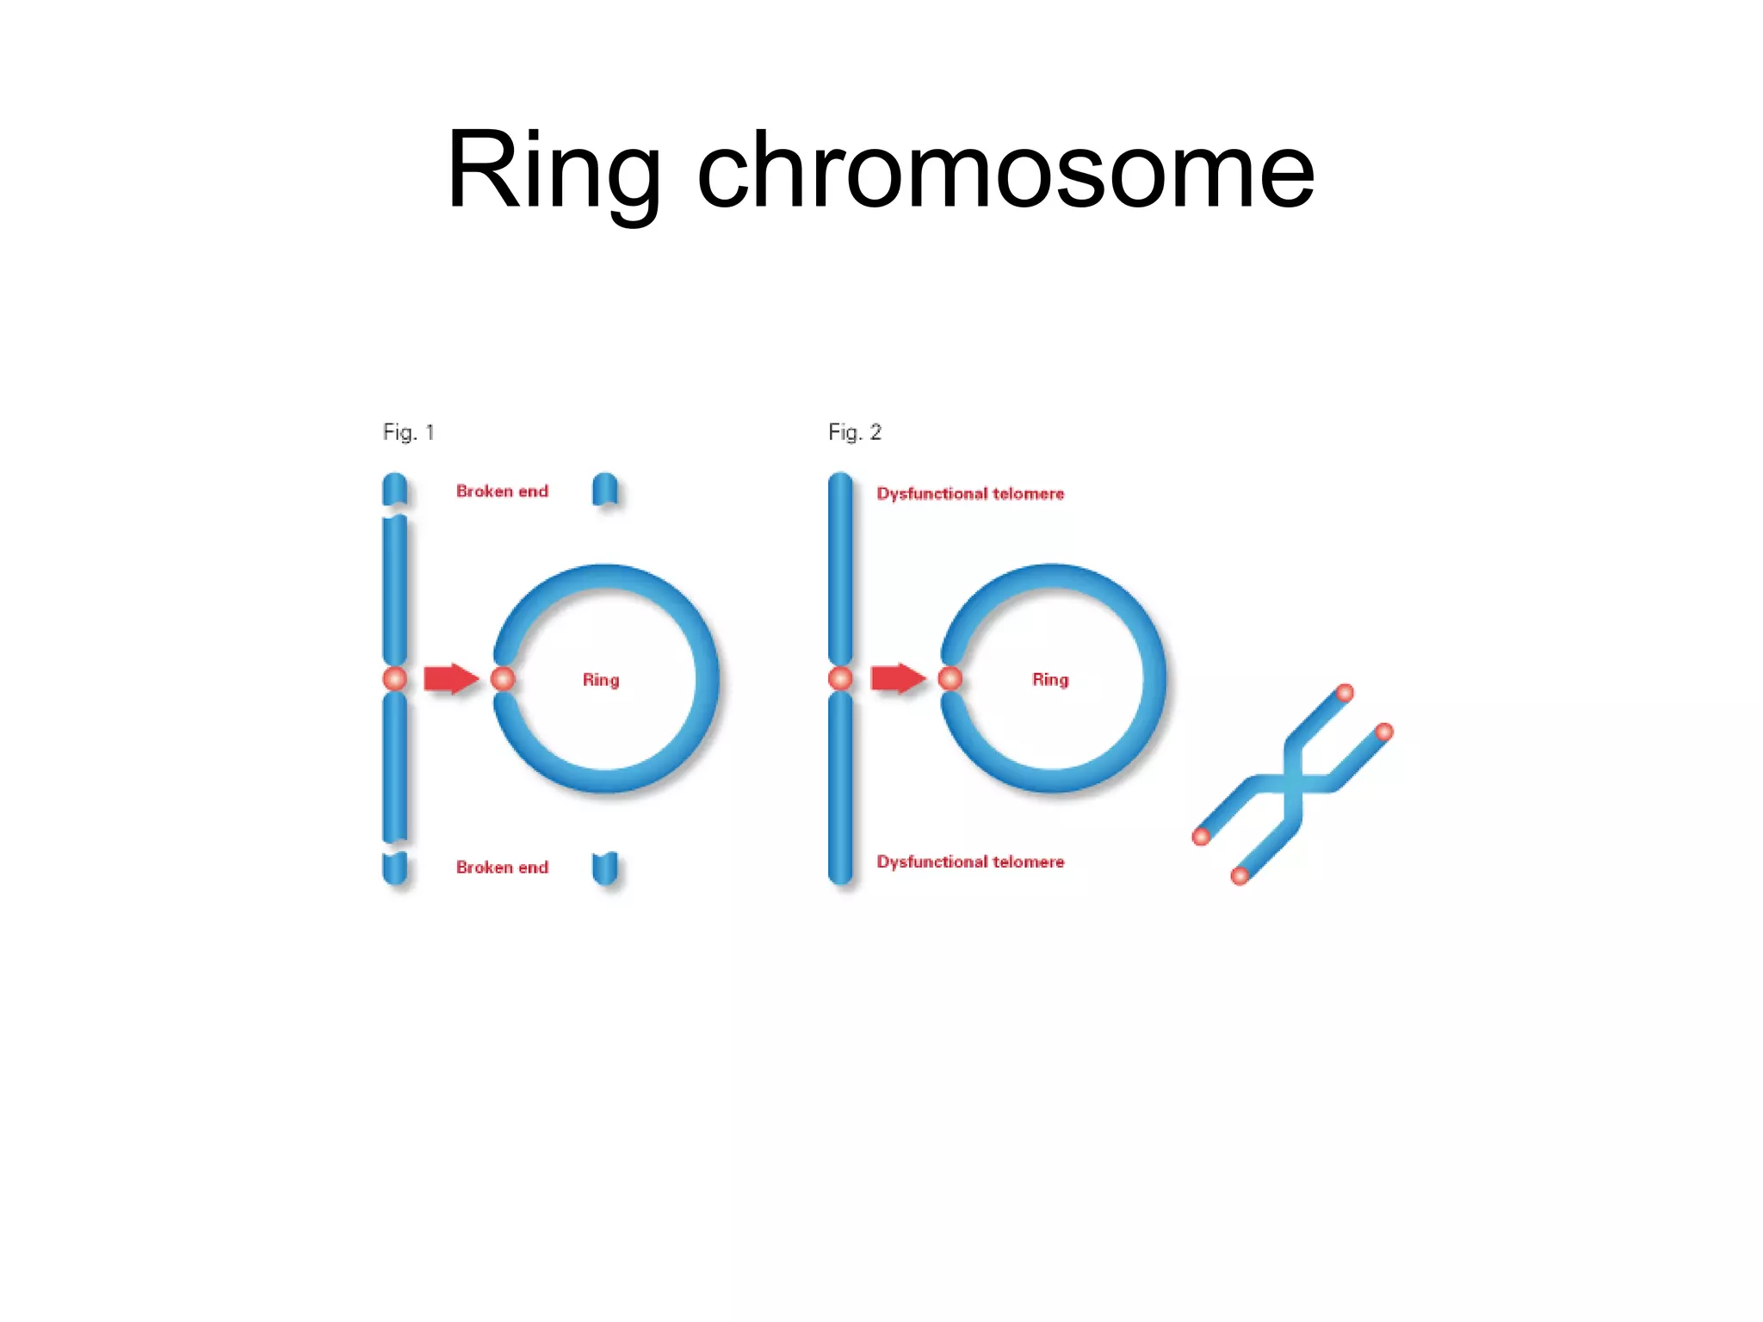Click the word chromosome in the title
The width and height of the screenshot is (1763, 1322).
coord(1005,170)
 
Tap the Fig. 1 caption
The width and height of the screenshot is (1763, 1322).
coord(408,432)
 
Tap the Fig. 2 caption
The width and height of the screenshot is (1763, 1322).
coord(854,432)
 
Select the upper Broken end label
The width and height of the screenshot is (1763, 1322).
coord(502,491)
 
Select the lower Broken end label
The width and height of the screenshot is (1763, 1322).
coord(502,868)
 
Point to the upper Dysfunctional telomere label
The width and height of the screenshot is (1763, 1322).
coord(970,494)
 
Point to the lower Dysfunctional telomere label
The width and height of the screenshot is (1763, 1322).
coord(970,862)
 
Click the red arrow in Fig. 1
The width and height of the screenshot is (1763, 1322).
coord(450,679)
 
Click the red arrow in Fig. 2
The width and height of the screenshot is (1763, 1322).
coord(897,678)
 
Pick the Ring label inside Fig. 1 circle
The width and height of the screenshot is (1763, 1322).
coord(601,680)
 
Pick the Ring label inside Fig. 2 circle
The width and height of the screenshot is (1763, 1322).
coord(1050,680)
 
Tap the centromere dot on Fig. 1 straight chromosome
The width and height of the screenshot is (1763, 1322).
coord(395,679)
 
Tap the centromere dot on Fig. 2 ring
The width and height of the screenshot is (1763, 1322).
coord(950,679)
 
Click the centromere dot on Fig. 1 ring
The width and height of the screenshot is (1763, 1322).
coord(503,679)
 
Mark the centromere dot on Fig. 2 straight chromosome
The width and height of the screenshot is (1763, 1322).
coord(841,679)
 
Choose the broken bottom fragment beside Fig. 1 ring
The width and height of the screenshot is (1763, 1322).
coord(605,868)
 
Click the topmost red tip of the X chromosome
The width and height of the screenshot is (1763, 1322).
coord(1345,693)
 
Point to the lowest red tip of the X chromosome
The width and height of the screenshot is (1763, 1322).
coord(1240,876)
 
